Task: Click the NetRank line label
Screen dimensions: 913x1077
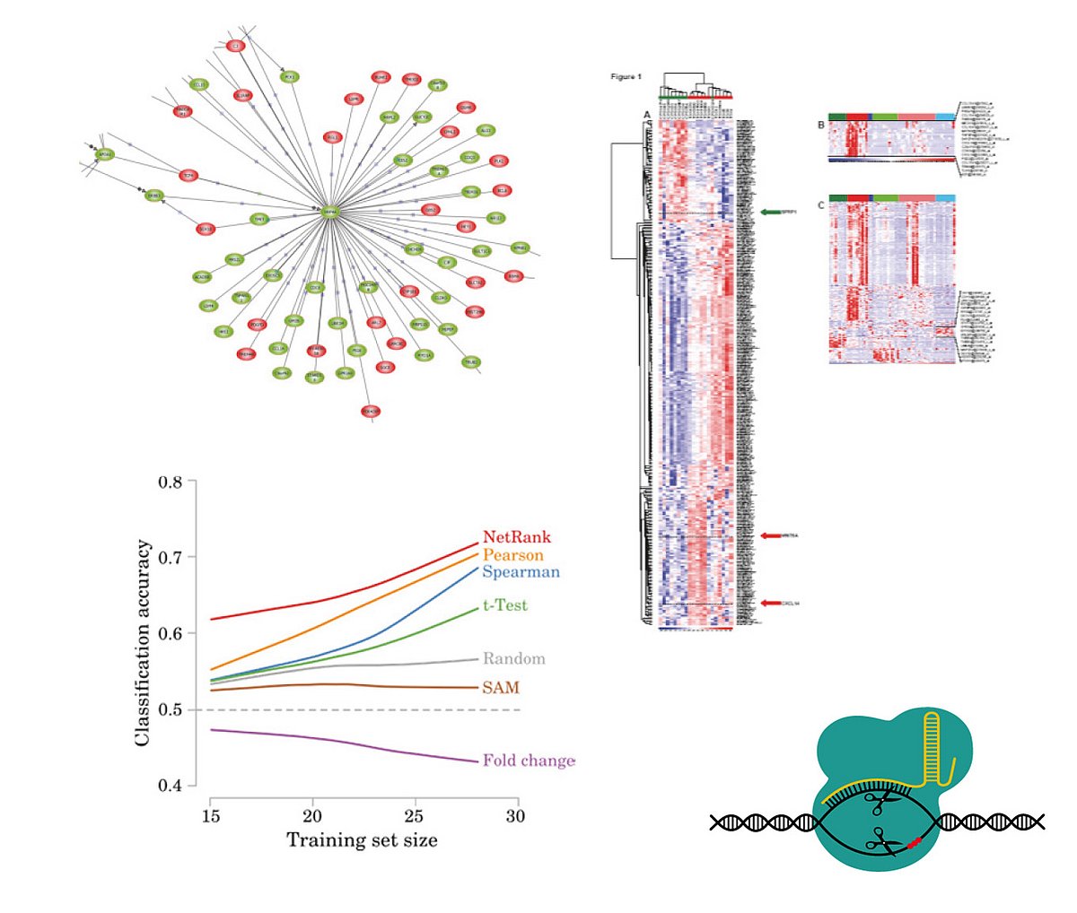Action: pos(517,537)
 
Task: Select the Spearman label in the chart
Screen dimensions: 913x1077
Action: pos(521,572)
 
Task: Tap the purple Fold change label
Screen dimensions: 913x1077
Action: pos(529,761)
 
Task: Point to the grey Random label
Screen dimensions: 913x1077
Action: pos(513,658)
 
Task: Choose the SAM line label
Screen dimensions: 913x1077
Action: pos(501,688)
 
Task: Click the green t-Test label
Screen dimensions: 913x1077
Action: pos(505,605)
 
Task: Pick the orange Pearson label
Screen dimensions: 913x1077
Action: pos(513,555)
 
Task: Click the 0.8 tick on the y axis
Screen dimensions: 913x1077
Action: pos(171,483)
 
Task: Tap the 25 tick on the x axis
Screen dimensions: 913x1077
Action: pos(414,816)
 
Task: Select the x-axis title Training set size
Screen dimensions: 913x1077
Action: pos(362,840)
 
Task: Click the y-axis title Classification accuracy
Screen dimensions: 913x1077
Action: pos(143,643)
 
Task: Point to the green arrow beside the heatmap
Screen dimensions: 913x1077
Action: pos(771,213)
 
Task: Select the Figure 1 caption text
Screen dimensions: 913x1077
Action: pos(626,77)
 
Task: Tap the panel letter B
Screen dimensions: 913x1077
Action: pos(820,126)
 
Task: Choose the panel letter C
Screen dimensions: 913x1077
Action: pos(820,205)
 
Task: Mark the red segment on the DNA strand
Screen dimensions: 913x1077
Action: pos(915,842)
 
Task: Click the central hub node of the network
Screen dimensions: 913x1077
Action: pos(331,212)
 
